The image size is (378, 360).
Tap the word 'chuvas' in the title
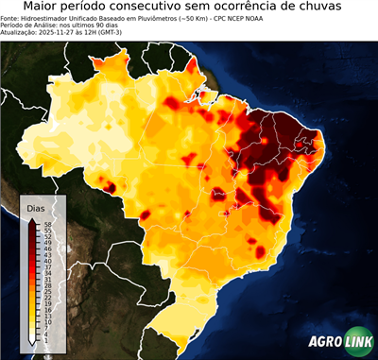pos(338,7)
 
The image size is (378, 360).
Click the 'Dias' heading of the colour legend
pos(36,207)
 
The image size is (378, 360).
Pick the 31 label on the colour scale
pos(46,279)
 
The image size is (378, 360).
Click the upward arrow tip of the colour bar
pos(32,218)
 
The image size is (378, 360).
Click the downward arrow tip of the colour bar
pos(32,343)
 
